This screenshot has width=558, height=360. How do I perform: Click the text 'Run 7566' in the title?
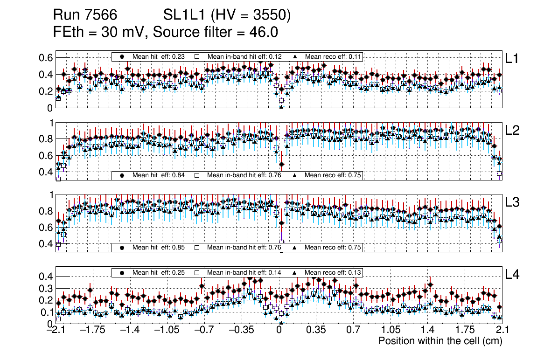point(81,16)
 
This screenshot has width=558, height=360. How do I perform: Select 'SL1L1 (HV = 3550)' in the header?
point(227,16)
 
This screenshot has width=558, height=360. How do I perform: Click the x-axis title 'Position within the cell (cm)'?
point(440,341)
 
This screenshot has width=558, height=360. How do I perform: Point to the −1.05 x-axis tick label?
point(167,331)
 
